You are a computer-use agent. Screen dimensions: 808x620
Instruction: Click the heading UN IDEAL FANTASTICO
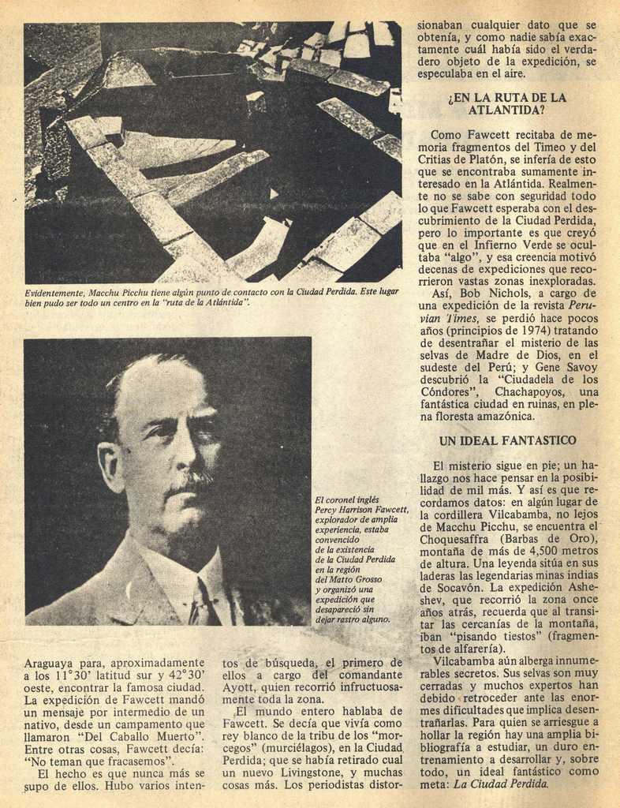pyautogui.click(x=507, y=440)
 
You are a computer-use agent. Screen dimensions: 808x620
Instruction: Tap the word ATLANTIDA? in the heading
pyautogui.click(x=507, y=111)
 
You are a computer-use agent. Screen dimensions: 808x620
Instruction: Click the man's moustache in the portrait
pyautogui.click(x=189, y=481)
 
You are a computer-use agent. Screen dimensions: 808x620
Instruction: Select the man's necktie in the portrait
pyautogui.click(x=202, y=604)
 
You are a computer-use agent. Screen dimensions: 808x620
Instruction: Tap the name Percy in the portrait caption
pyautogui.click(x=327, y=510)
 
